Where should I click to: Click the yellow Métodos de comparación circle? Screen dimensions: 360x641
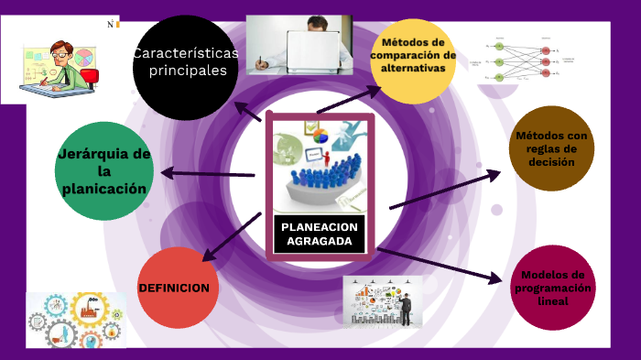click(414, 60)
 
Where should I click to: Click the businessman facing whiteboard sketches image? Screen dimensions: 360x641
click(383, 300)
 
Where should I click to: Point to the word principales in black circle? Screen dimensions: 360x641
click(187, 70)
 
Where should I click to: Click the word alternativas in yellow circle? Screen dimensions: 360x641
click(414, 68)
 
